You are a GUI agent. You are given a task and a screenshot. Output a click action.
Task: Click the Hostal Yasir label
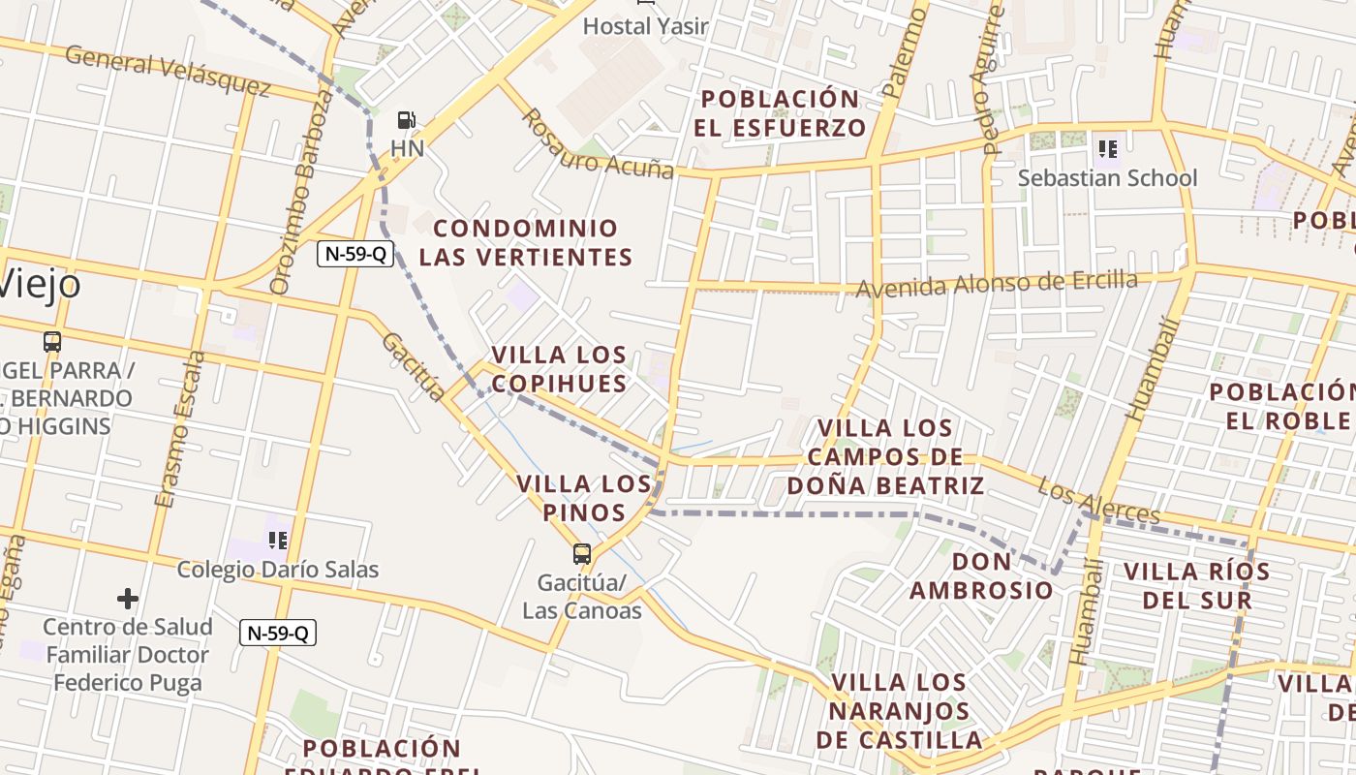tap(645, 26)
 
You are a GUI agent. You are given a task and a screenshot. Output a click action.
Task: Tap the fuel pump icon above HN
tap(407, 120)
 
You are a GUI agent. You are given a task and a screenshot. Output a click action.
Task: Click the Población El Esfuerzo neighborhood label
tap(780, 113)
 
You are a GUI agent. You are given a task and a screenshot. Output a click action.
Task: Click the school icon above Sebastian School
tap(1108, 149)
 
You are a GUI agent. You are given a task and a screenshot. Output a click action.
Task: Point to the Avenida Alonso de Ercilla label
tap(997, 284)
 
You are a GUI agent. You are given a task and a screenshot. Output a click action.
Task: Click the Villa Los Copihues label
tap(559, 369)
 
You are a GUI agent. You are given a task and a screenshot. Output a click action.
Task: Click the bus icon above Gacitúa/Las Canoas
tap(582, 554)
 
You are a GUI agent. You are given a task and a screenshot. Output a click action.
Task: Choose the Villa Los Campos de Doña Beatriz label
tap(885, 456)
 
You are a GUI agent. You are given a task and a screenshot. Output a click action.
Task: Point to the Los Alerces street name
tap(1098, 500)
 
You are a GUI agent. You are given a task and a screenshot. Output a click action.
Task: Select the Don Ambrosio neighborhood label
tap(981, 575)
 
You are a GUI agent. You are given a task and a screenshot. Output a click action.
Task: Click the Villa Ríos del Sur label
tap(1196, 585)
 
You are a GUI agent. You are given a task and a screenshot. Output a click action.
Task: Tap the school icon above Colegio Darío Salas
tap(278, 540)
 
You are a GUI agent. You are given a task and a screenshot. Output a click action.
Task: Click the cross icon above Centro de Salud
tap(127, 599)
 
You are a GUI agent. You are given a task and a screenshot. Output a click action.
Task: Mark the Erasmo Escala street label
tap(180, 428)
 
